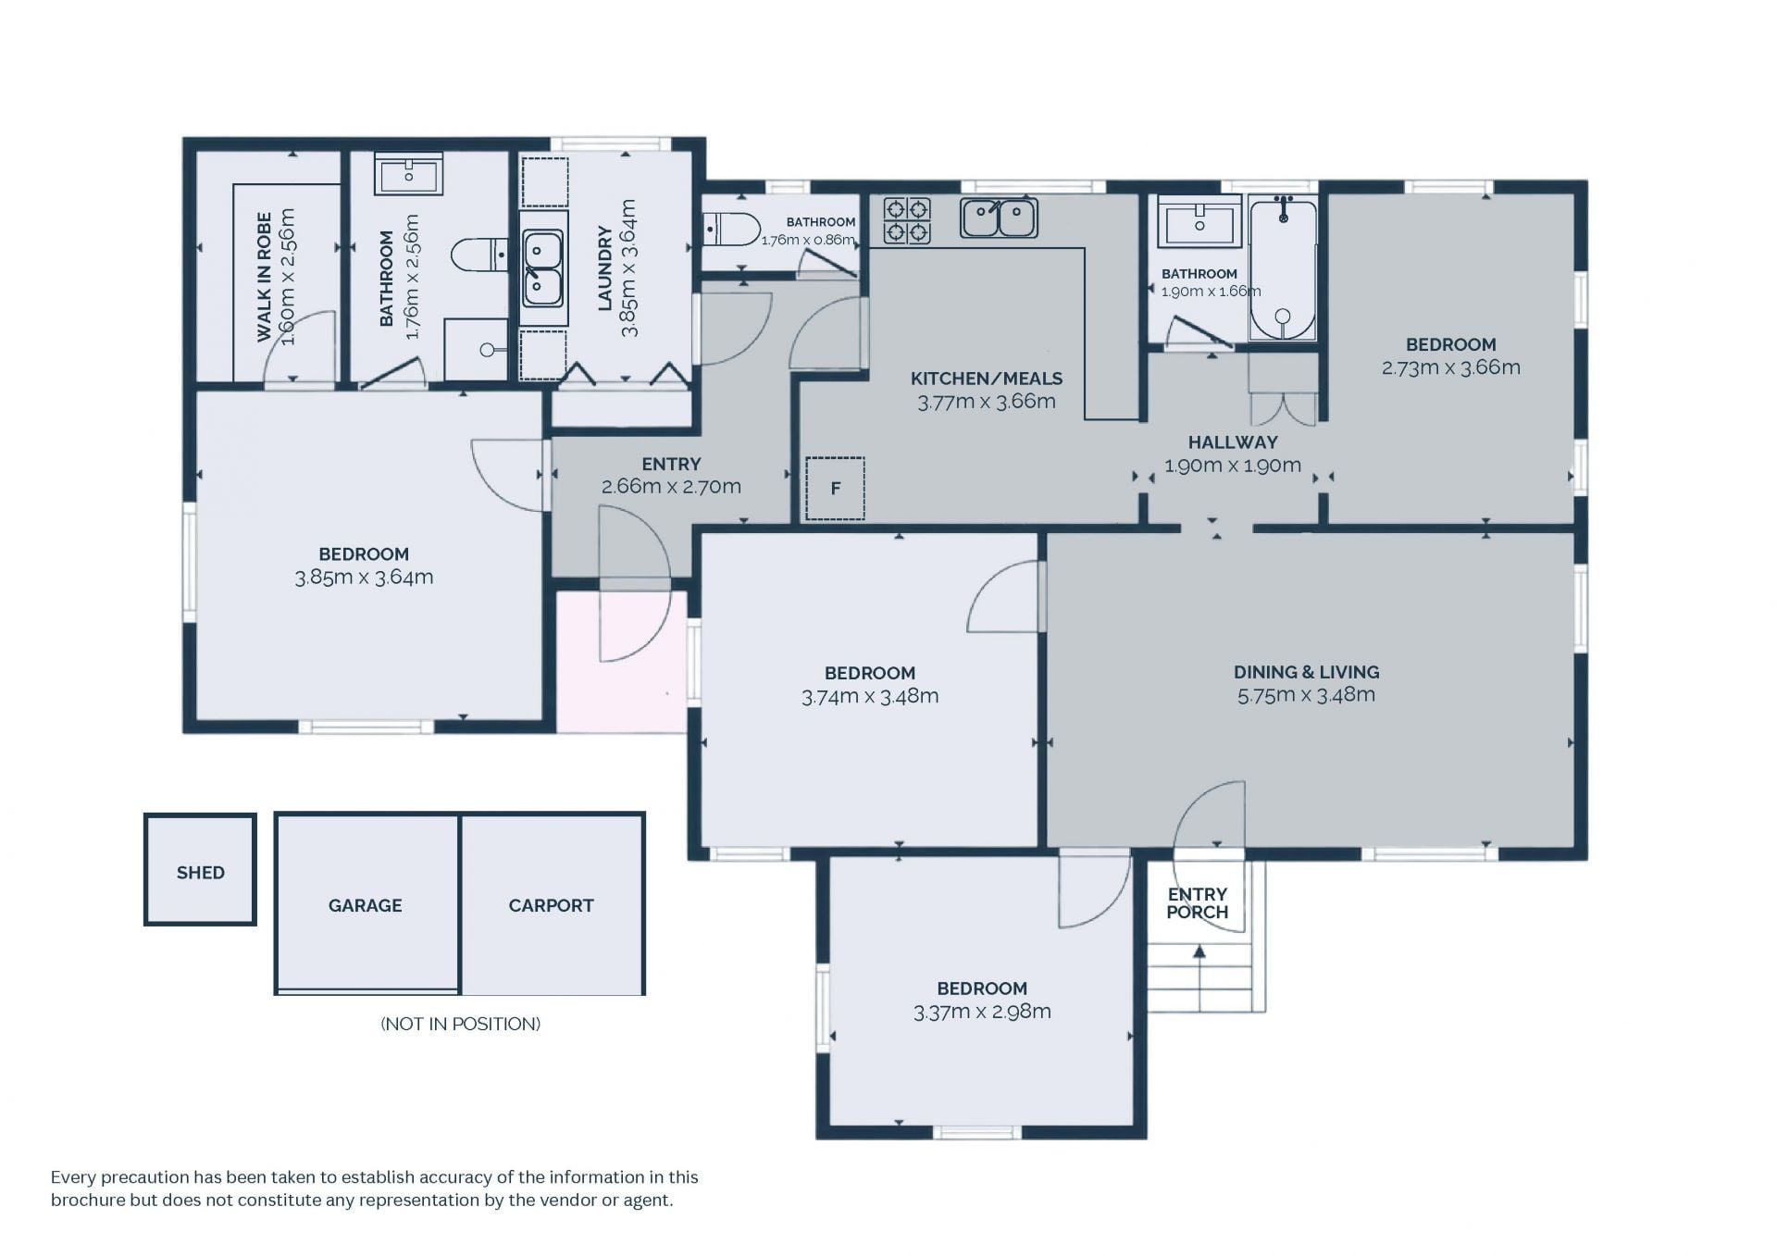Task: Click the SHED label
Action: [200, 873]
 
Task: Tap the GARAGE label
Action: [365, 905]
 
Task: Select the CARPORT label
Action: [551, 905]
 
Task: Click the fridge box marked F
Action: [835, 488]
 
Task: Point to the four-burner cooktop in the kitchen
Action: [906, 220]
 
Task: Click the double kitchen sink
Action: [999, 218]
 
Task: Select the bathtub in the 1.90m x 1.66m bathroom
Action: [1283, 267]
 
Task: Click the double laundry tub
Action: [542, 268]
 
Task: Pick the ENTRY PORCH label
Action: [1197, 903]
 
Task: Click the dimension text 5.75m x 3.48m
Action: [1306, 695]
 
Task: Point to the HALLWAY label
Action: [1233, 442]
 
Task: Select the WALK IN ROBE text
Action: [265, 277]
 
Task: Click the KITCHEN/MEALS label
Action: [987, 379]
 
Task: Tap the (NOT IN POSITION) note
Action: [460, 1024]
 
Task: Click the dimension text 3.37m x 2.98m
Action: [982, 1012]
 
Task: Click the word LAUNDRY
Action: [605, 267]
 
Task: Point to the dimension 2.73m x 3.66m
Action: [1450, 367]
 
